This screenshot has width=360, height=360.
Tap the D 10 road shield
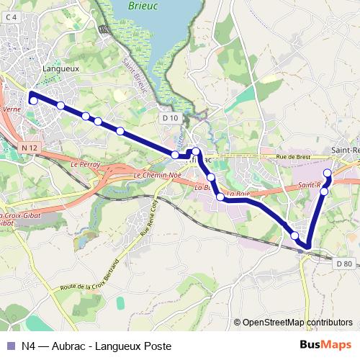(170, 118)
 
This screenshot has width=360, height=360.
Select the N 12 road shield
(29, 148)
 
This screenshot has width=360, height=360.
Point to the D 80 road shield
(344, 264)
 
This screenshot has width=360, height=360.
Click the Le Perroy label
(85, 165)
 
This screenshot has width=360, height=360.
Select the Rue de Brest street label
(295, 157)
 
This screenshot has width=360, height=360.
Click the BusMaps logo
(324, 346)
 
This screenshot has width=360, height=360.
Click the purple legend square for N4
(10, 346)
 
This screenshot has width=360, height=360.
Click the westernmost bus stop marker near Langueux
(33, 101)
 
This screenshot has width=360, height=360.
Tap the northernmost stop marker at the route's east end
(328, 173)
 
